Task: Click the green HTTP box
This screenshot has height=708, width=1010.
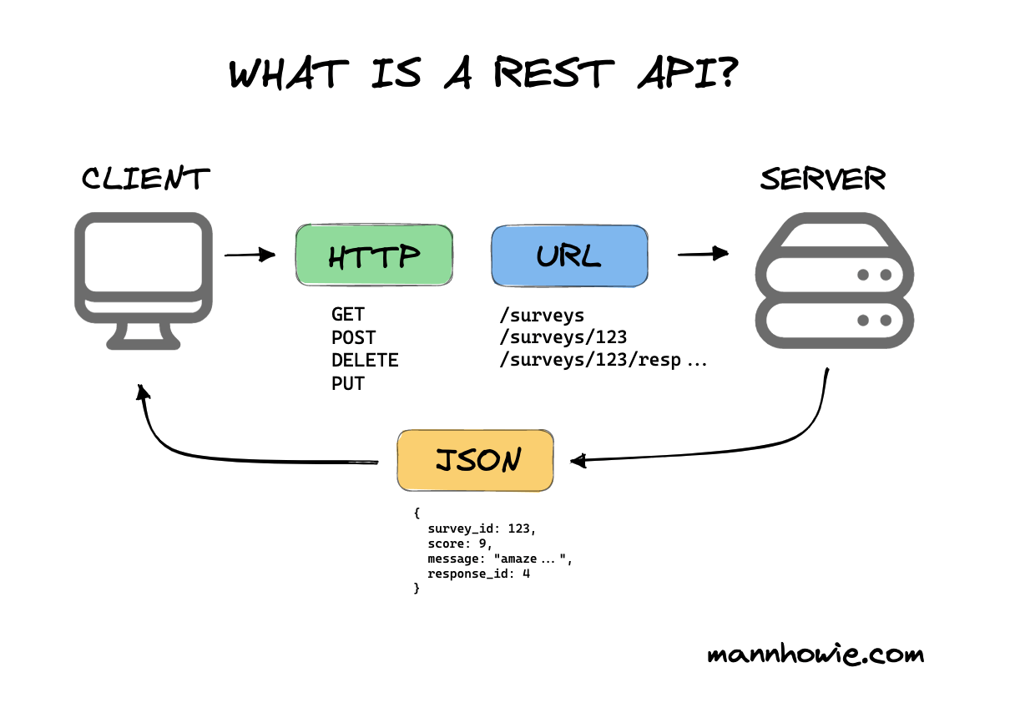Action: click(x=374, y=255)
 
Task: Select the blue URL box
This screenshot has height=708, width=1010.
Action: click(x=569, y=255)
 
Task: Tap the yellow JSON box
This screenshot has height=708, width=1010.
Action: click(x=475, y=460)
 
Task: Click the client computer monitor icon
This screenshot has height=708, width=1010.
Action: click(x=144, y=281)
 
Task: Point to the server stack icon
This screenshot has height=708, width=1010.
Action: click(x=835, y=281)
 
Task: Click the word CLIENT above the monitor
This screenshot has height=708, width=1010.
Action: click(x=145, y=178)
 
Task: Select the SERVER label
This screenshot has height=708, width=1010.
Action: click(x=823, y=179)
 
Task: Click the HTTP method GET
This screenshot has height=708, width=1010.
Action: click(x=347, y=314)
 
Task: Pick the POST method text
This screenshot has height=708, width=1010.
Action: click(x=354, y=337)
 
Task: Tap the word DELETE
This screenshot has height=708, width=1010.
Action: click(x=365, y=361)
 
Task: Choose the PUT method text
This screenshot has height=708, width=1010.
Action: click(x=347, y=383)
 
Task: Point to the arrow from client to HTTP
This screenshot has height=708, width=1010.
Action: click(x=250, y=255)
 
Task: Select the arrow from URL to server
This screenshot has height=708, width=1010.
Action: click(x=703, y=254)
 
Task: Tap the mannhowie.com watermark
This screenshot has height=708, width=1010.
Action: click(x=816, y=654)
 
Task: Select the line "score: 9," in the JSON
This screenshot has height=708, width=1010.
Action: click(x=460, y=544)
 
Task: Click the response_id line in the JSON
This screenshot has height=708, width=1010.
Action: click(x=478, y=574)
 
